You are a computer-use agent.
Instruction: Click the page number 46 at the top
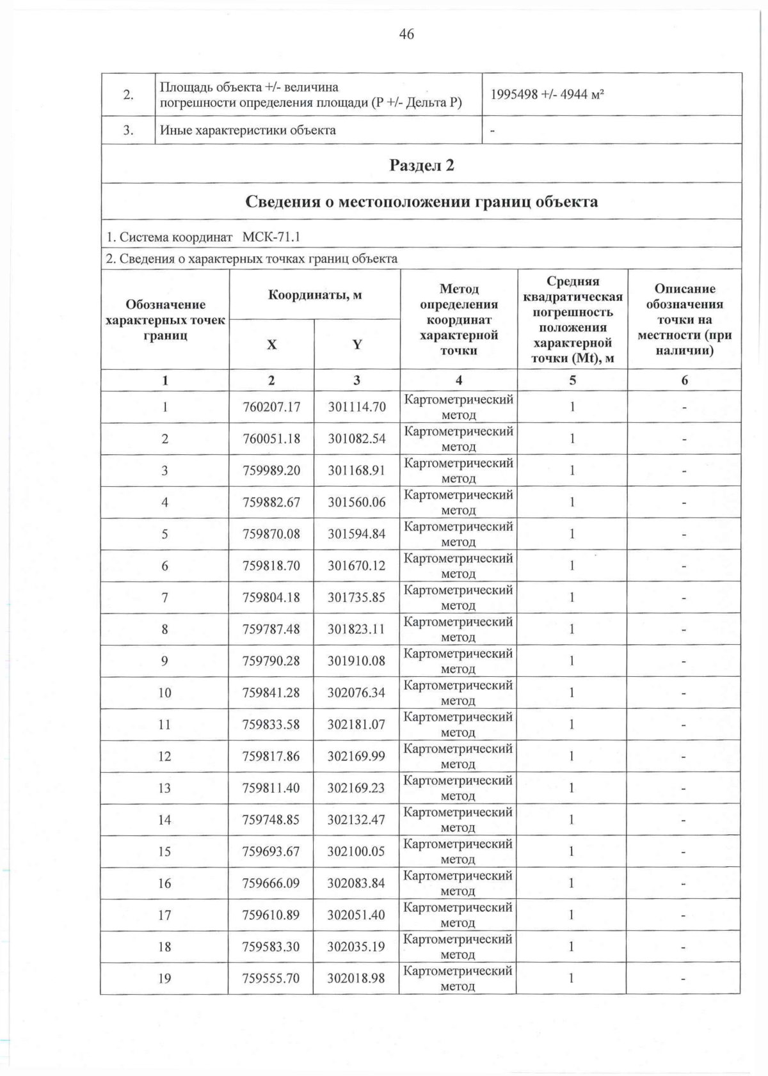tap(406, 34)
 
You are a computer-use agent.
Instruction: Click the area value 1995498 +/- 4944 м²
tap(547, 95)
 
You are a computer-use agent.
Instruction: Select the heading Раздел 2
tap(422, 165)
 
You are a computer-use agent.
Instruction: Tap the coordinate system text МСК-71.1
tap(271, 237)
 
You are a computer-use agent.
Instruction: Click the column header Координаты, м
tap(314, 295)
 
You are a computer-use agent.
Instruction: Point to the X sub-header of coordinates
tap(271, 345)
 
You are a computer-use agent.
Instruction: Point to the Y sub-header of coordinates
tap(357, 345)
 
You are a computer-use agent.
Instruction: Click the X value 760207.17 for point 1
tap(271, 407)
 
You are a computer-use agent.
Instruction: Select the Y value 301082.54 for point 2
tap(357, 439)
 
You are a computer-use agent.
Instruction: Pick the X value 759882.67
tap(271, 502)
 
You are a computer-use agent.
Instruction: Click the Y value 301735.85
tap(357, 597)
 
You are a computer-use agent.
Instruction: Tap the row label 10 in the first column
tap(164, 693)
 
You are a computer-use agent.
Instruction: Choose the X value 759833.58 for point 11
tap(271, 725)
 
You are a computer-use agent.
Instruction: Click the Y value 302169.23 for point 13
tap(357, 788)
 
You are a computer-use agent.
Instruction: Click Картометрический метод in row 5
tap(458, 534)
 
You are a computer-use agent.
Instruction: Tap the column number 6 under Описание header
tap(684, 380)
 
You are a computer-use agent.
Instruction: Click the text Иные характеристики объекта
tap(248, 131)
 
